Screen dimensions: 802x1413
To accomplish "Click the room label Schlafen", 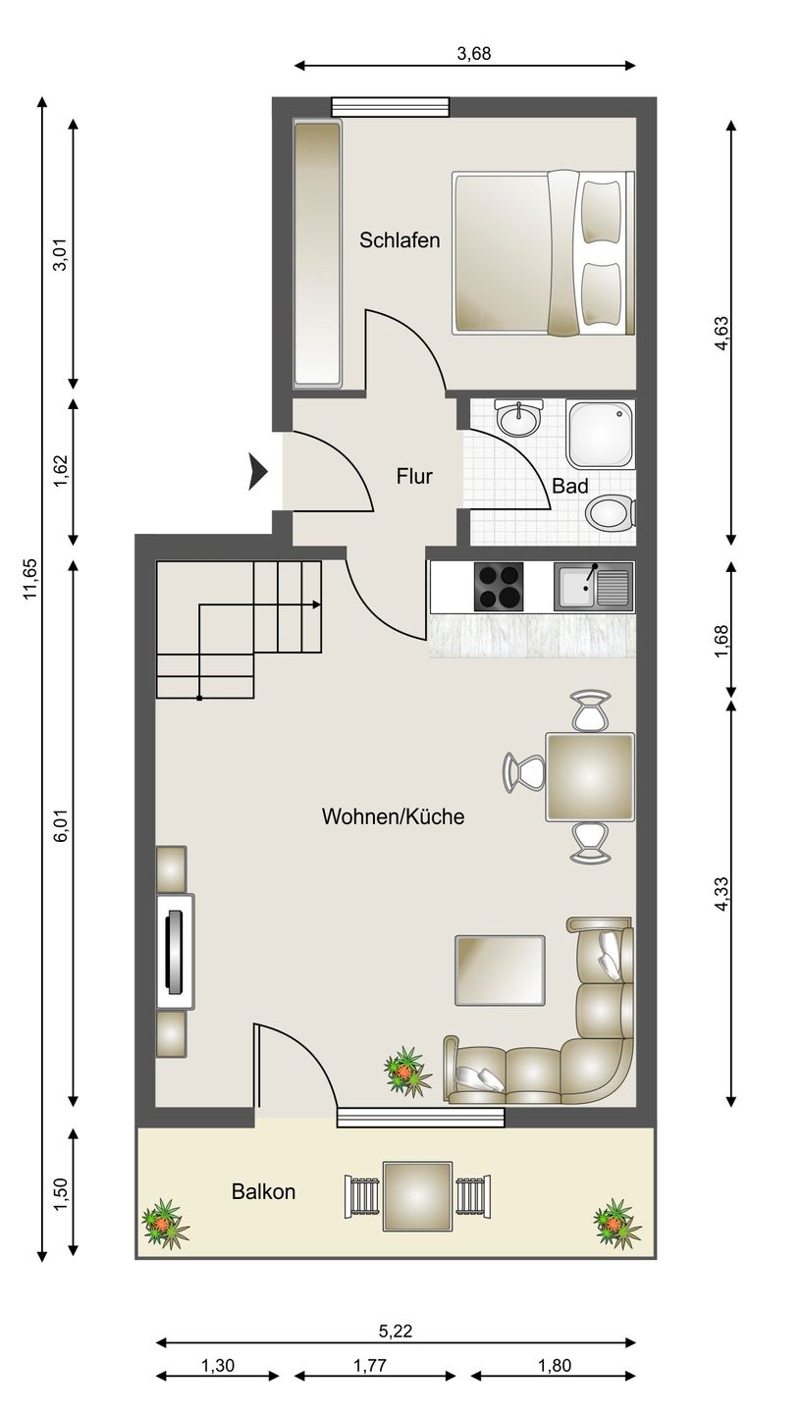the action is click(400, 240).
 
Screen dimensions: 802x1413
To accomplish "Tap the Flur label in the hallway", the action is click(414, 476).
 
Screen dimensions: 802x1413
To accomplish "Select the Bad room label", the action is click(569, 486).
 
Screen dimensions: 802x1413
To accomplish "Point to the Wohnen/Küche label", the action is click(393, 816).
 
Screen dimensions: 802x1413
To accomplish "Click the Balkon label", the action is click(263, 1191).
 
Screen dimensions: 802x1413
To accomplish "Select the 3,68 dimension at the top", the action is click(474, 54).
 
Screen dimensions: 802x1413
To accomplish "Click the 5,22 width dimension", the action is click(396, 1331).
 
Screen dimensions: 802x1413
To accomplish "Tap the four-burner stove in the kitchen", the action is click(499, 586).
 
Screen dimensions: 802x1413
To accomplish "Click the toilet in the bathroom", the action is click(611, 512).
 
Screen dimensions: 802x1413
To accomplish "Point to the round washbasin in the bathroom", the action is click(518, 416).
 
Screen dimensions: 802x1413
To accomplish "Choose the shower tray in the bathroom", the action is click(600, 434).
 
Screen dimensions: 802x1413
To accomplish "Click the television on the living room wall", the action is click(175, 952).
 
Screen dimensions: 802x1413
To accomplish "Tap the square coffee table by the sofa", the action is click(500, 970).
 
